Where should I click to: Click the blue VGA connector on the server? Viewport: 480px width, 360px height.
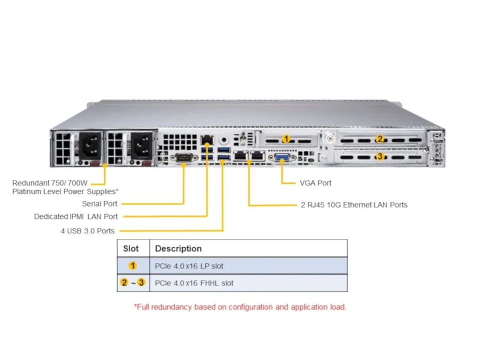[x=280, y=158]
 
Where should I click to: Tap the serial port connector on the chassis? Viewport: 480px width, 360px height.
[x=183, y=158]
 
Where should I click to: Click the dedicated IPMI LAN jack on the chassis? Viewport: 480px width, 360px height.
[x=207, y=140]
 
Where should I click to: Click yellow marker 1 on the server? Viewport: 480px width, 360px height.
[x=286, y=138]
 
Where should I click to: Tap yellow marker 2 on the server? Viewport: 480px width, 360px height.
[x=380, y=138]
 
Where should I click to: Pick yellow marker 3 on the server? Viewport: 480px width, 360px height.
[x=380, y=156]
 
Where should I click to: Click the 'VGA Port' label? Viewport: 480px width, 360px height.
[x=315, y=183]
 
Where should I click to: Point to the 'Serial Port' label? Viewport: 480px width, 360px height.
[x=99, y=203]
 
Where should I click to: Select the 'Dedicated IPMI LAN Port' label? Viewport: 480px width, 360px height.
[x=76, y=216]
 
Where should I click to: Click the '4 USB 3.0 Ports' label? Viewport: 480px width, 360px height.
[x=87, y=230]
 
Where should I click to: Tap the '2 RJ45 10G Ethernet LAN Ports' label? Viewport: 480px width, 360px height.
[x=354, y=204]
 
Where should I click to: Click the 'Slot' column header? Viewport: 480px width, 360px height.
[x=131, y=248]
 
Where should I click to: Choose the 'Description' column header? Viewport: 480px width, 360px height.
[x=178, y=248]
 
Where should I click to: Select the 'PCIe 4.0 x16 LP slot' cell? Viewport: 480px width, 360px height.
[x=189, y=266]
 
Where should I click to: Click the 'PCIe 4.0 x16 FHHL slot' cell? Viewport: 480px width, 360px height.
[x=194, y=283]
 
